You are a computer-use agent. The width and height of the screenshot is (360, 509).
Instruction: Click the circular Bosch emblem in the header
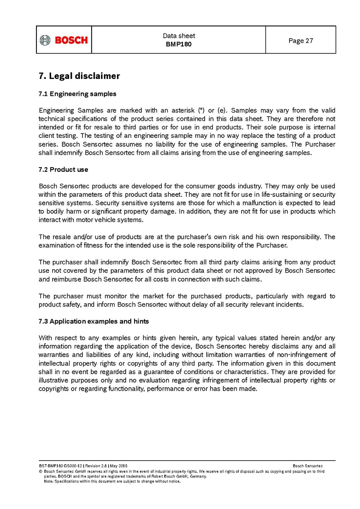(x=45, y=40)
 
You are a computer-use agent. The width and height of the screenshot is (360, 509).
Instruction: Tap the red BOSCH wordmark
(x=71, y=40)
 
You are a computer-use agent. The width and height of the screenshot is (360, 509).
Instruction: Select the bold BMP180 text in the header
(x=179, y=44)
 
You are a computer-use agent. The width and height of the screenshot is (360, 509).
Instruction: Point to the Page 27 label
(x=301, y=41)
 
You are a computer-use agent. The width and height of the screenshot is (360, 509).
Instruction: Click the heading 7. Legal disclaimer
(x=79, y=76)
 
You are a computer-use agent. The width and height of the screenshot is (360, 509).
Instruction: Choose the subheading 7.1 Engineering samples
(x=77, y=93)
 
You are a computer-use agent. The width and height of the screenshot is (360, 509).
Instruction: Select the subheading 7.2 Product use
(x=63, y=169)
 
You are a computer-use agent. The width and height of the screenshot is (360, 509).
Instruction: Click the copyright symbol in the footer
(x=40, y=472)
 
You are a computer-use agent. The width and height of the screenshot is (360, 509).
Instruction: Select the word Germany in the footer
(x=198, y=476)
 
